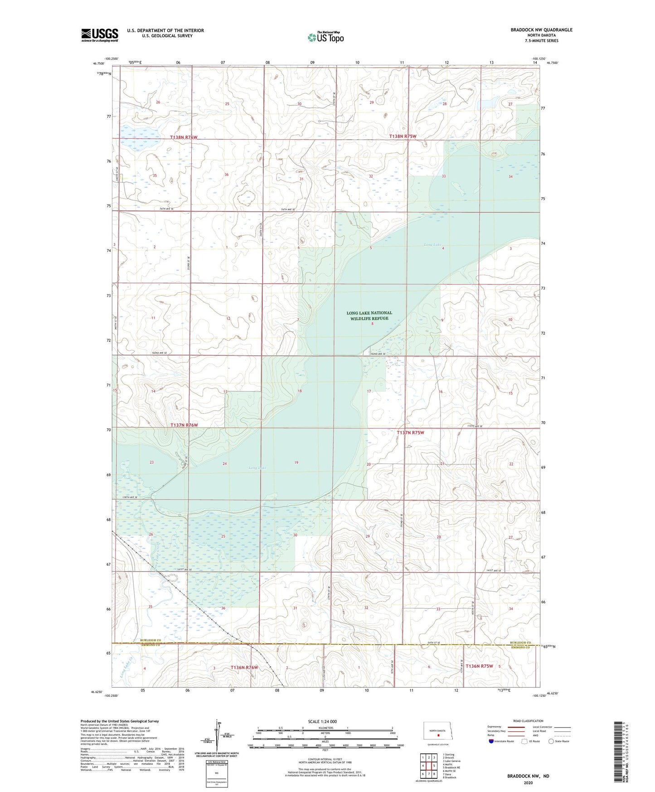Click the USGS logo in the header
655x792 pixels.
pyautogui.click(x=100, y=35)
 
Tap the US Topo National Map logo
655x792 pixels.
pyautogui.click(x=325, y=37)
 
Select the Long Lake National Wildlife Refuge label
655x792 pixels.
pyautogui.click(x=369, y=316)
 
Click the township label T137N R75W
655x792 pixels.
pyautogui.click(x=411, y=433)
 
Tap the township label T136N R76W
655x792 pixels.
pyautogui.click(x=244, y=667)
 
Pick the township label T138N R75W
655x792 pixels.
pyautogui.click(x=403, y=137)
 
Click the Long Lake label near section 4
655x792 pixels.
pyautogui.click(x=432, y=245)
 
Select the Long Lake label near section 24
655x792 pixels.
pyautogui.click(x=257, y=468)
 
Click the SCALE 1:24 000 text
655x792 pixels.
pyautogui.click(x=322, y=722)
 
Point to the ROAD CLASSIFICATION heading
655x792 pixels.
pyautogui.click(x=528, y=721)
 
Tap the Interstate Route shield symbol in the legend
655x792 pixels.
pyautogui.click(x=491, y=741)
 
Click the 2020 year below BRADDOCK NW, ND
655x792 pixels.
pyautogui.click(x=528, y=782)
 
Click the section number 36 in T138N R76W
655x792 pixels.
pyautogui.click(x=226, y=175)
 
